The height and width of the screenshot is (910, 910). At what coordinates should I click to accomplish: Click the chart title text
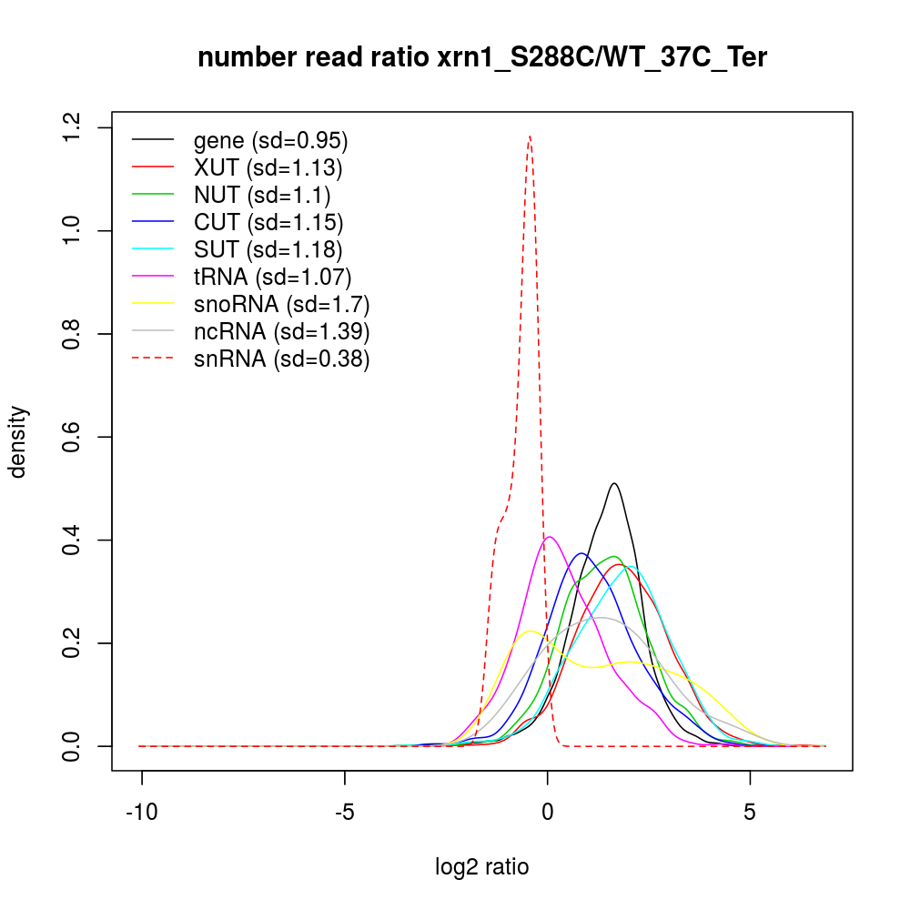[482, 58]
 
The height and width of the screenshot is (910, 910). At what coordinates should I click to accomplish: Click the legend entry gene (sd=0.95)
[270, 141]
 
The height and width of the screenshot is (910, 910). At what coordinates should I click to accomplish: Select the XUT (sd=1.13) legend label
[268, 167]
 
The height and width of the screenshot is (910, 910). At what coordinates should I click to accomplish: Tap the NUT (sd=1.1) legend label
[262, 195]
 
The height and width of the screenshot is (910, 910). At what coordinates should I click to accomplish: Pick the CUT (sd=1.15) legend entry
[268, 222]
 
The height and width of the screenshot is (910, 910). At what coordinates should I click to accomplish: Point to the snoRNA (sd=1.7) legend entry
[281, 304]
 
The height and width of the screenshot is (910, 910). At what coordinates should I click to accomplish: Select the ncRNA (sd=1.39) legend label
[281, 331]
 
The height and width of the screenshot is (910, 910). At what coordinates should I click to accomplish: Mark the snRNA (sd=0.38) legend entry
[281, 359]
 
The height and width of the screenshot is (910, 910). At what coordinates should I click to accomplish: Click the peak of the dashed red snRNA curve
[529, 136]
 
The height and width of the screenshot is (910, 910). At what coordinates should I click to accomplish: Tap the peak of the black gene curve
[615, 483]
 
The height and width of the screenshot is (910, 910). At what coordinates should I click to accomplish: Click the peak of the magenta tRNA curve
[550, 537]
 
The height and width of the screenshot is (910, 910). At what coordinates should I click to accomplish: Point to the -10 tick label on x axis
[142, 812]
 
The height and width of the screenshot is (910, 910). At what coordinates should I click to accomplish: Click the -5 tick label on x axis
[344, 812]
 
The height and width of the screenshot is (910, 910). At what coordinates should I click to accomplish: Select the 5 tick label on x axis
[750, 812]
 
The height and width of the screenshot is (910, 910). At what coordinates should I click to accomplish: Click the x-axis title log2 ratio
[482, 867]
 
